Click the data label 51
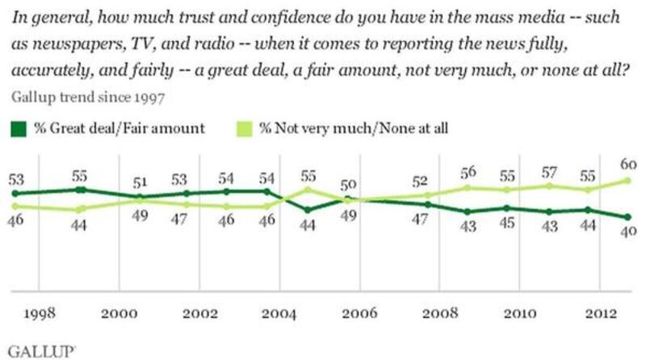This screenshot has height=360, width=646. (140, 180)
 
